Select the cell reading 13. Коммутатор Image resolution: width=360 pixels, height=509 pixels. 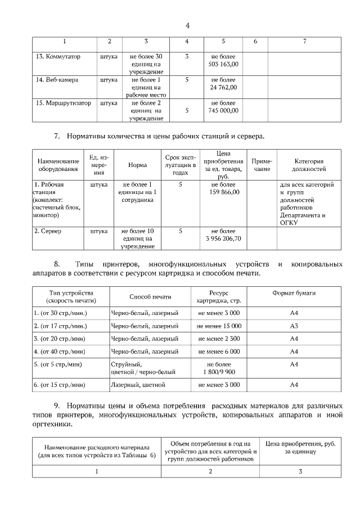tap(58, 57)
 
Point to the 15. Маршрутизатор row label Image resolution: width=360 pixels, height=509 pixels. tap(62, 103)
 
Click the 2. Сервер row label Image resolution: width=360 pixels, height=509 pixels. tap(48, 231)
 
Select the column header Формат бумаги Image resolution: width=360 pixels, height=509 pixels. tap(294, 294)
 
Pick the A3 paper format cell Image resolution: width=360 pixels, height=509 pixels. tap(294, 326)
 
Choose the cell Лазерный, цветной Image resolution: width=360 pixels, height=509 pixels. tap(138, 385)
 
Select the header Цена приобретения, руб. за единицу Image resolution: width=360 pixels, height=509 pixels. tap(300, 448)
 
